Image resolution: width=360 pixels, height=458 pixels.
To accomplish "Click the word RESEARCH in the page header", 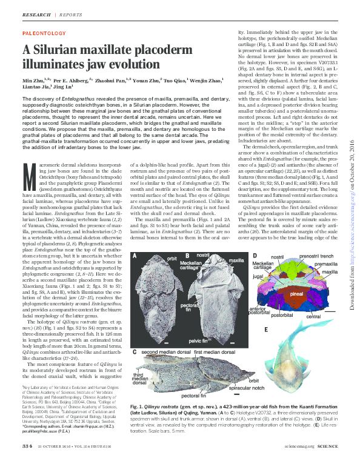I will (x=36, y=13).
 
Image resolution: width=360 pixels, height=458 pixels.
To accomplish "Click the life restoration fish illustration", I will (x=304, y=357).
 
